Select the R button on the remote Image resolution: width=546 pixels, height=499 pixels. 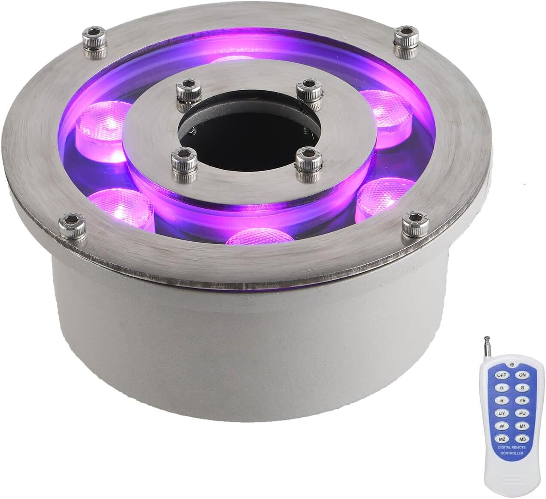pos(501,387)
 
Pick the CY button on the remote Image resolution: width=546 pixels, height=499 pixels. pos(501,413)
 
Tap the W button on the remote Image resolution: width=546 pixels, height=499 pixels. pos(501,426)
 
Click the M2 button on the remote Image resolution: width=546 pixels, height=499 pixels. pos(501,439)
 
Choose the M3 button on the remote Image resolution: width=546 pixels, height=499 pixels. pos(522,439)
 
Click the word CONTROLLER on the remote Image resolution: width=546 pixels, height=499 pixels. pos(512,453)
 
